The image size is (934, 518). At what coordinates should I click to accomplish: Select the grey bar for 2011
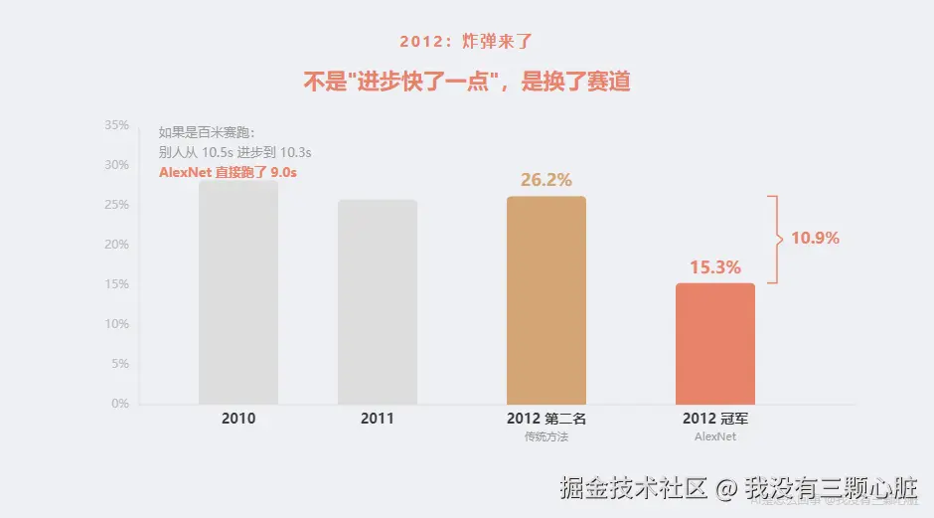378,302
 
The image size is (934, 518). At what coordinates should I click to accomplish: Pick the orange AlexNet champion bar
715,343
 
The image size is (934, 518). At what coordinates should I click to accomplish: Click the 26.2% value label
546,180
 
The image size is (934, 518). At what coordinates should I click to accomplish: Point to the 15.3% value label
715,267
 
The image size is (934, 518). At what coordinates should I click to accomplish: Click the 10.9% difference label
815,239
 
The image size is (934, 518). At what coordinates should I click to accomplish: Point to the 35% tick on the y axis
117,125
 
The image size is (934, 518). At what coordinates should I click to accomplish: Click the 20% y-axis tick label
117,245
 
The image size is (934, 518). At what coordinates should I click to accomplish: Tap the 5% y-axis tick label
120,364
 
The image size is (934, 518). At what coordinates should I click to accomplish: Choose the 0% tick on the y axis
120,404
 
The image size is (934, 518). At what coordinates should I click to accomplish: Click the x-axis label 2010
238,419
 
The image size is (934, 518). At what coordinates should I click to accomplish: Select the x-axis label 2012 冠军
715,419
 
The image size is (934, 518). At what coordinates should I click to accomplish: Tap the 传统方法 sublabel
546,436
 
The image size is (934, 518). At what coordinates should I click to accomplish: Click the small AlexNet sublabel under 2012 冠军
715,436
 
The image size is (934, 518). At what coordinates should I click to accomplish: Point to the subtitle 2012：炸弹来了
467,42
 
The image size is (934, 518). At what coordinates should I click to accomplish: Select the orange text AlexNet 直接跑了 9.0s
229,172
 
